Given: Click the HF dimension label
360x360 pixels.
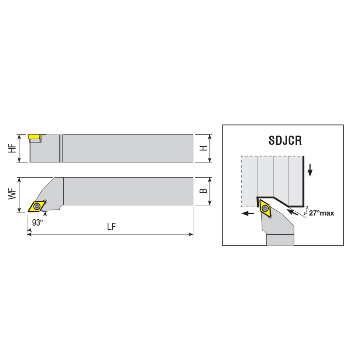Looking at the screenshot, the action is tap(12, 148).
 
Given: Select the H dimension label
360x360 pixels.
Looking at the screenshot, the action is tap(204, 148).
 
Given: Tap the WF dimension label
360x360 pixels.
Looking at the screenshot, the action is tap(12, 194).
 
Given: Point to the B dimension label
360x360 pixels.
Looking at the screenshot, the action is tap(204, 191).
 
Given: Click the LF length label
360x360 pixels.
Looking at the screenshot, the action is tap(112, 227).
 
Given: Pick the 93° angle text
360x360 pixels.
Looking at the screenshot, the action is tap(38, 222).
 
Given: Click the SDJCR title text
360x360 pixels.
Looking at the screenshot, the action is tap(285, 140).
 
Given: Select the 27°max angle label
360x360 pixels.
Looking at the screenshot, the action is tap(322, 213).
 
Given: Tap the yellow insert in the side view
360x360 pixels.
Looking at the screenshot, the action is tap(34, 137).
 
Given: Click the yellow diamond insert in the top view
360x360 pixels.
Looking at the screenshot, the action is tap(36, 206).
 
